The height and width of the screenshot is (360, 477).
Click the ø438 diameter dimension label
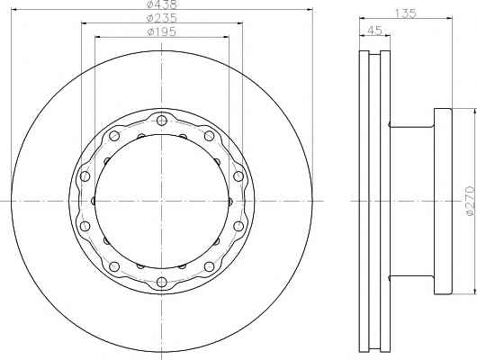click(x=161, y=4)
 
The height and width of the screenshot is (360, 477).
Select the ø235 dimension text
click(x=161, y=18)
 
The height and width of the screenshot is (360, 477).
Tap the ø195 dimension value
click(x=161, y=31)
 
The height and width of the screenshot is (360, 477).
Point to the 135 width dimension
click(x=406, y=13)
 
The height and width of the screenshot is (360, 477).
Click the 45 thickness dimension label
click(x=374, y=31)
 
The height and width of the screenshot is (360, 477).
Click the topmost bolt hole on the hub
click(x=162, y=120)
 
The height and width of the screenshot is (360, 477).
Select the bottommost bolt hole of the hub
click(x=162, y=282)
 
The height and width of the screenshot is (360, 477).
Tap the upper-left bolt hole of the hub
click(x=114, y=136)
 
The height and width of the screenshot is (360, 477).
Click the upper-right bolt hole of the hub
click(x=210, y=136)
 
